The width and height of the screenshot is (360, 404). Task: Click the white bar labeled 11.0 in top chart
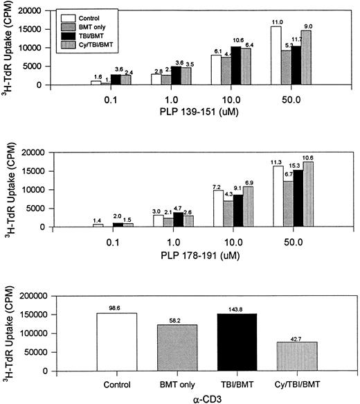276,55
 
